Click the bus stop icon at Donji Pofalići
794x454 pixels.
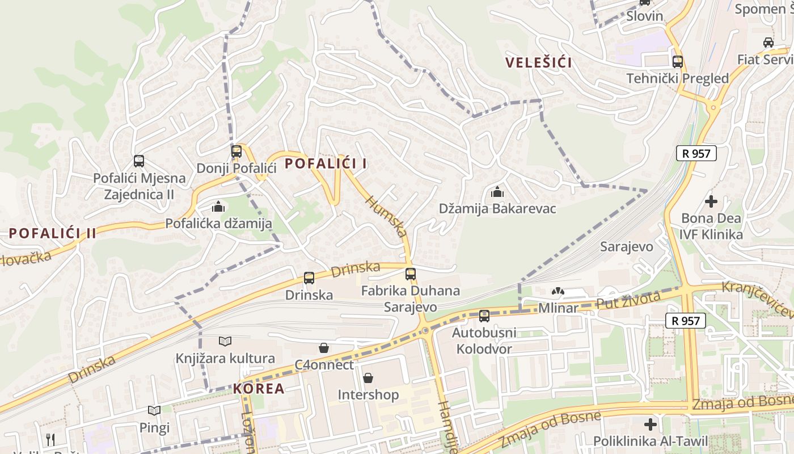236,152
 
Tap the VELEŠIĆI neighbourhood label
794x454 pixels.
539,62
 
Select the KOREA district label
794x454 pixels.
259,389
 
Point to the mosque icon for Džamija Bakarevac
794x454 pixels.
497,192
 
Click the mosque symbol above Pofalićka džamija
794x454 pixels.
218,207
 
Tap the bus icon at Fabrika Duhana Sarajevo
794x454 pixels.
411,274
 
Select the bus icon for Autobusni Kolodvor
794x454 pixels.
484,316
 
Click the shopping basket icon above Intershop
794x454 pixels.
368,377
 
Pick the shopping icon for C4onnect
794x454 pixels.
323,347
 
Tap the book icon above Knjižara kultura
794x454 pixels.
225,341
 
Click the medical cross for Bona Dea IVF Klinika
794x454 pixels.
711,201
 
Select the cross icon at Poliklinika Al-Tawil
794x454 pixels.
651,424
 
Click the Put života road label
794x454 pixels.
628,301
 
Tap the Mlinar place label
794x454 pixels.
558,308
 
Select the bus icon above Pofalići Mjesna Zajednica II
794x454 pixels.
139,161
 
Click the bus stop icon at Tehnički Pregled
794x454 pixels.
677,62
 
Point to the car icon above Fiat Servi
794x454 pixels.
768,42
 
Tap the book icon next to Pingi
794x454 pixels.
154,410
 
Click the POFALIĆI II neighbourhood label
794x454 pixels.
53,233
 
